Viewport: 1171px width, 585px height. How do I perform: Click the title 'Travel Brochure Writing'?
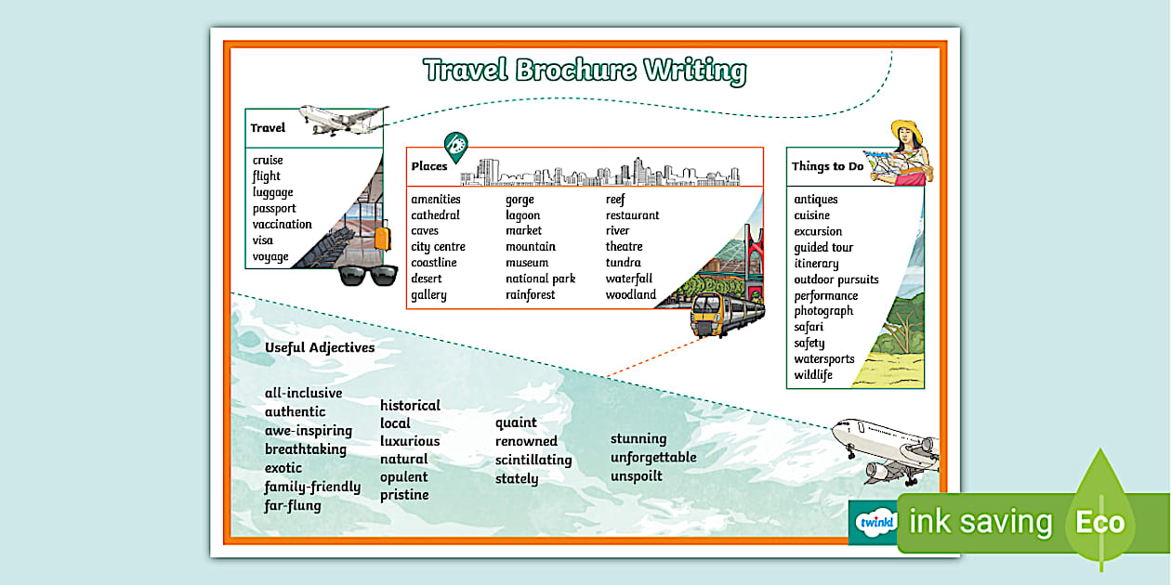pos(584,71)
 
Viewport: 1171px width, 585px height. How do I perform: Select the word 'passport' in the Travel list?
pos(274,208)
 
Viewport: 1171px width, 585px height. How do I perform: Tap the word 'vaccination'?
pos(283,224)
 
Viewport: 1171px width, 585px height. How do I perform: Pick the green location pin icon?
pos(455,146)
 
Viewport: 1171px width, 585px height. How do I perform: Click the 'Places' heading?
pos(429,166)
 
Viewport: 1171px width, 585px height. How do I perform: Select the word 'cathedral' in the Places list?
pos(435,215)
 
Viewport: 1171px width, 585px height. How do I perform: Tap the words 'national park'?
pos(540,279)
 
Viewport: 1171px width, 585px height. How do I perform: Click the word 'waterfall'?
pos(629,279)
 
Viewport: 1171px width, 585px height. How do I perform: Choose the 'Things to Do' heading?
pos(827,166)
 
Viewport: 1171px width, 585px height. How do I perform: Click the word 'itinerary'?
pos(816,264)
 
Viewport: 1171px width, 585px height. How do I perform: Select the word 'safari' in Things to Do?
pos(809,327)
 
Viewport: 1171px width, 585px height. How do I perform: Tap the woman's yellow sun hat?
pos(906,129)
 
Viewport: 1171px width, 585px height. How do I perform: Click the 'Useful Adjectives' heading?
pos(320,347)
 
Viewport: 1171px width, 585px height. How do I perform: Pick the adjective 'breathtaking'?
pos(305,449)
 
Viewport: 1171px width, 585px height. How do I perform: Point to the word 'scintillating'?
pos(533,460)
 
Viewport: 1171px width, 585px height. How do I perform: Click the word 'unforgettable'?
pos(653,457)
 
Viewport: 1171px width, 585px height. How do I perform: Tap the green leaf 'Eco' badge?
pos(1101,520)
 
